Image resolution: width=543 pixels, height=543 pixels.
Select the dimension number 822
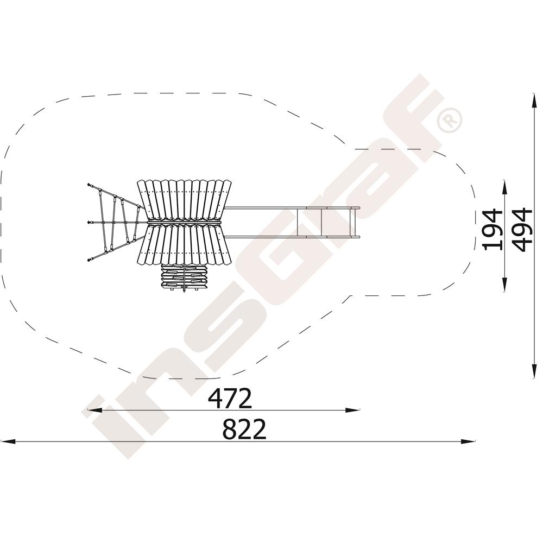pos(244,429)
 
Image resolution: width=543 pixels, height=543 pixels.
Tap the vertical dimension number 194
pos(492,229)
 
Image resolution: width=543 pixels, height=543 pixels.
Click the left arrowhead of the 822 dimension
pos(8,441)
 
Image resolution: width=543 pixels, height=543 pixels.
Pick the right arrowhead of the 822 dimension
pos(468,441)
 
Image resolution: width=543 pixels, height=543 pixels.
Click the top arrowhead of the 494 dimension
pos(534,100)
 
